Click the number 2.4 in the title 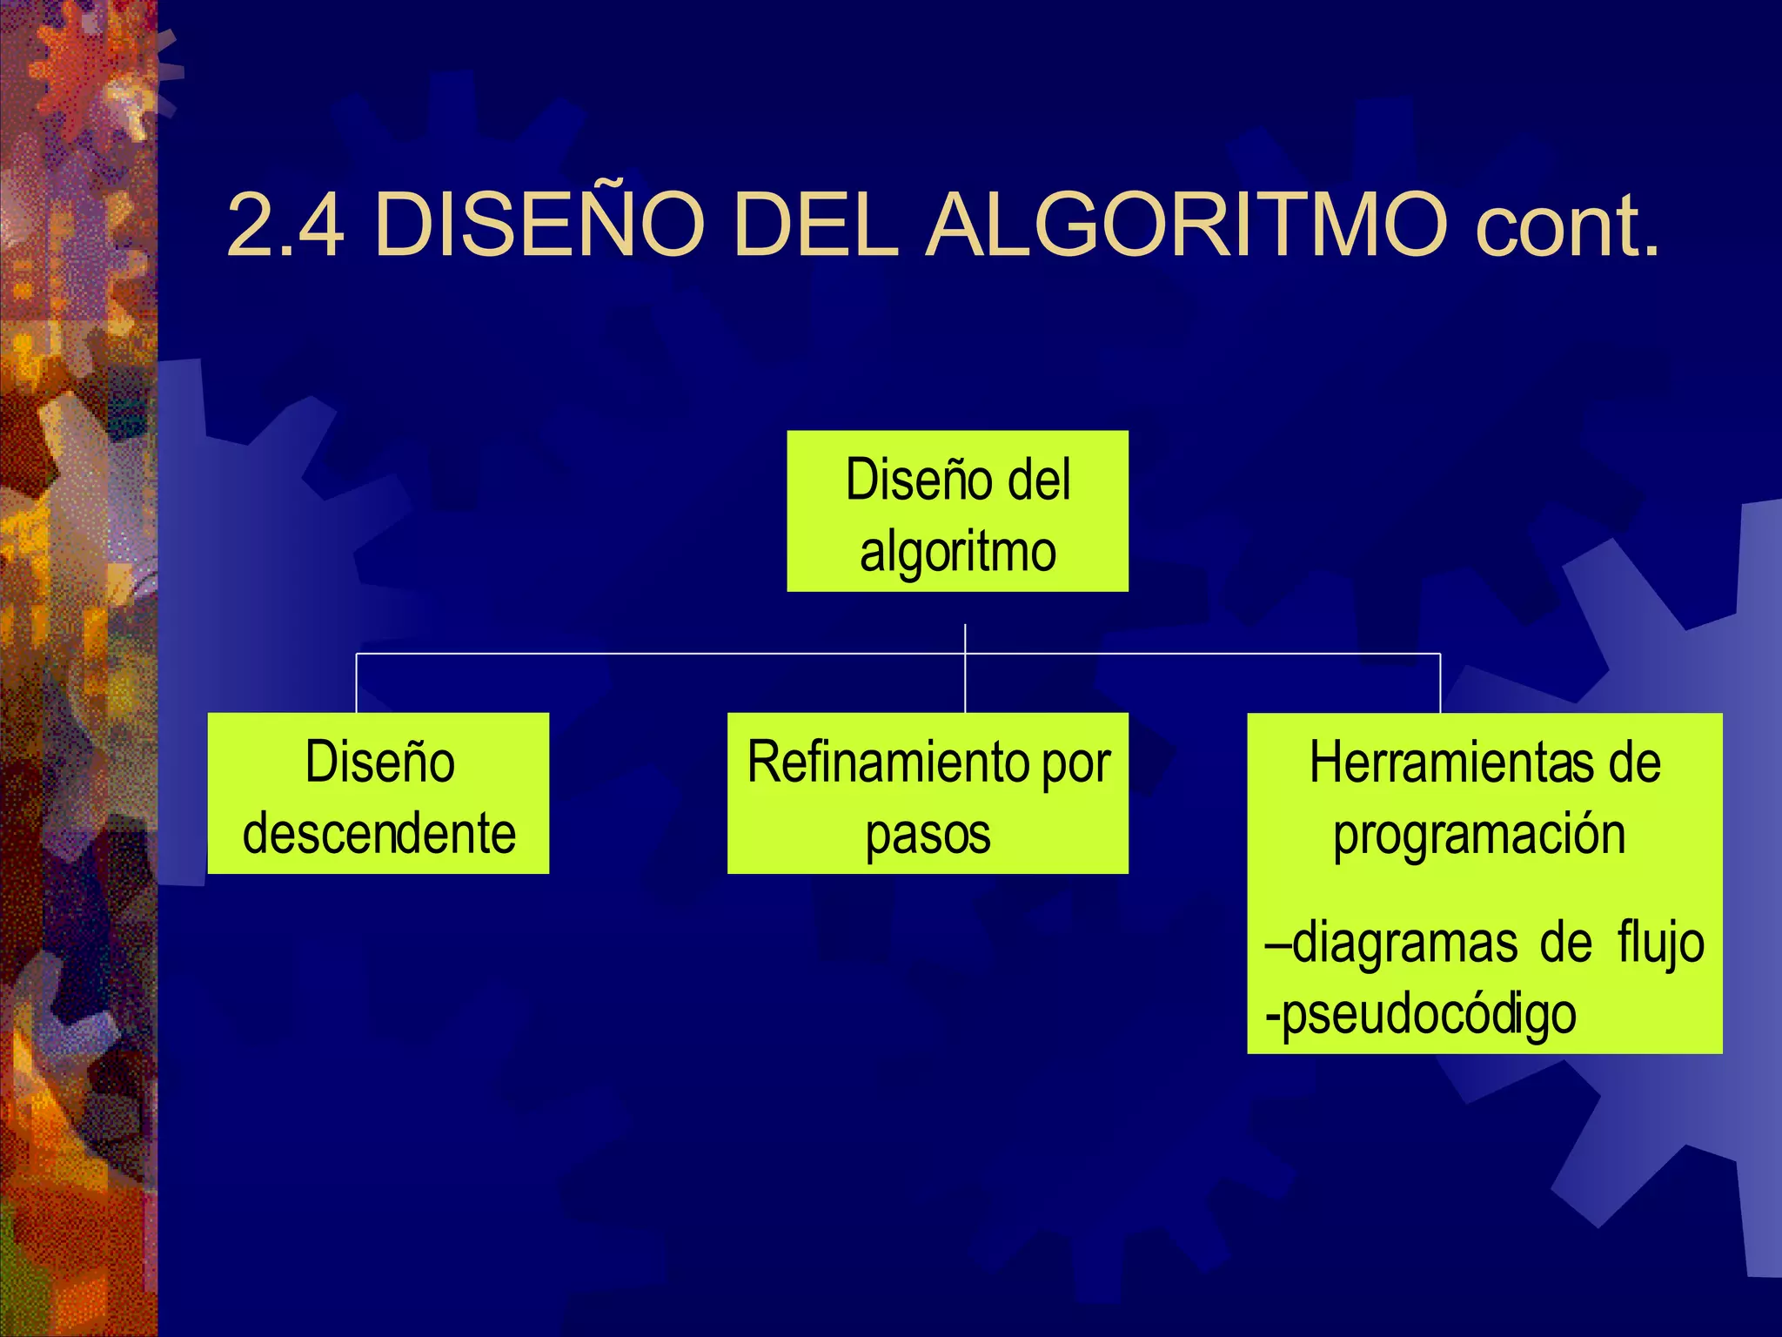[285, 225]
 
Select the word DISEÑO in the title [539, 225]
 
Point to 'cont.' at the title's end [1567, 225]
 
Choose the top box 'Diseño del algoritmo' [957, 511]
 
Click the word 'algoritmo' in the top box [958, 552]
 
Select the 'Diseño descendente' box [378, 793]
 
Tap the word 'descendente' [379, 833]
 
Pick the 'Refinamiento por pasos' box [928, 793]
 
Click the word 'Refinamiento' [888, 763]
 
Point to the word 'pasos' [928, 834]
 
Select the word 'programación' [1479, 834]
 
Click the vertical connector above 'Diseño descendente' [357, 683]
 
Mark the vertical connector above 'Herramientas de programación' [1440, 683]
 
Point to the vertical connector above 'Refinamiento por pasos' [965, 683]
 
